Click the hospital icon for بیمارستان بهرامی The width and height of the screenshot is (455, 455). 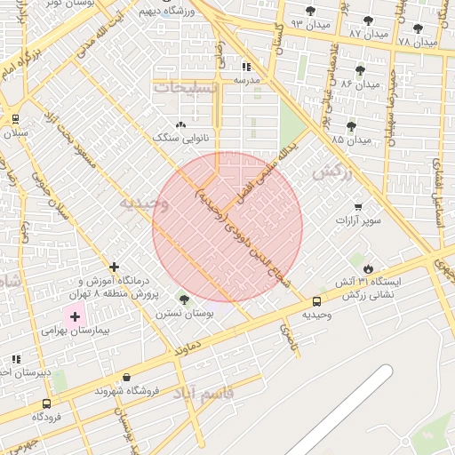click(75, 316)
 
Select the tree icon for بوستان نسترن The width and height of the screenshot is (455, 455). click(184, 299)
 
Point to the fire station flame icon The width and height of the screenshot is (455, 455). click(369, 269)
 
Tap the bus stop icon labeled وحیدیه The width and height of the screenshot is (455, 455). click(317, 301)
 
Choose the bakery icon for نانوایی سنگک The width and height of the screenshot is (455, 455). click(181, 125)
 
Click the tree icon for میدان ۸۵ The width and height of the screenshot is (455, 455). click(351, 126)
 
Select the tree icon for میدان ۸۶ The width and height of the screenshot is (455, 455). click(360, 70)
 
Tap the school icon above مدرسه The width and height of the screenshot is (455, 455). click(246, 67)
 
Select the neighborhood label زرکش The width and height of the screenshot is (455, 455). click(332, 172)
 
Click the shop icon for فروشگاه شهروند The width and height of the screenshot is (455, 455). click(127, 378)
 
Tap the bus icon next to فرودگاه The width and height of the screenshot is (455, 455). click(46, 403)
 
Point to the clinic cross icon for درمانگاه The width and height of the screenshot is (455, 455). click(114, 267)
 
